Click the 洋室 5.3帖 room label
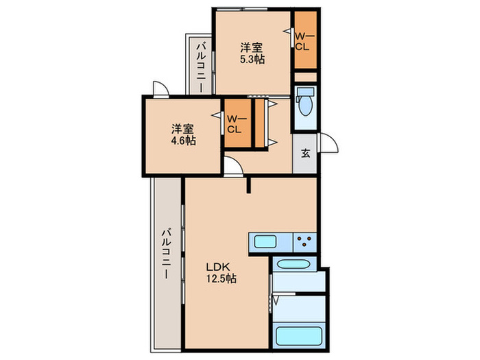point(252,53)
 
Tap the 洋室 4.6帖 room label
point(183,134)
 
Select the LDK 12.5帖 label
point(221,273)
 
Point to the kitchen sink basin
point(265,242)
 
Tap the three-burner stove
point(305,242)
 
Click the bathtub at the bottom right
point(300,336)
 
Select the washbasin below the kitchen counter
point(294,264)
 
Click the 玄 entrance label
point(305,153)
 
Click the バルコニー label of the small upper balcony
point(201,67)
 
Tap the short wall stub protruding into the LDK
point(248,185)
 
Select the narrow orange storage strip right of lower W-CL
point(260,123)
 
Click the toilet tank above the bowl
point(306,91)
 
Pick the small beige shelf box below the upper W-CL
point(306,77)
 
